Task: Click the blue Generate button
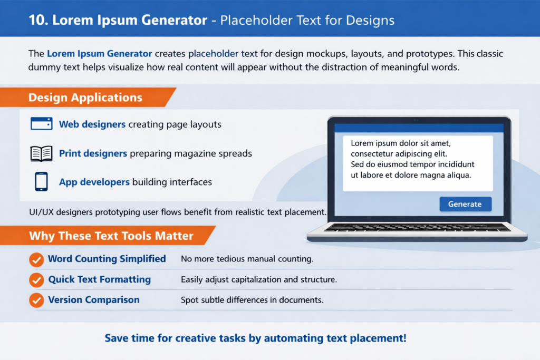pos(465,204)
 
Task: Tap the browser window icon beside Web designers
pos(41,124)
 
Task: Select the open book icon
pos(41,153)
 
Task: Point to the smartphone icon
pos(41,182)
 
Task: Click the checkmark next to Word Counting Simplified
pos(36,259)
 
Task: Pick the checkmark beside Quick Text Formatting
pos(36,280)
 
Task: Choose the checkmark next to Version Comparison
pos(36,300)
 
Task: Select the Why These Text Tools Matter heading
pos(111,236)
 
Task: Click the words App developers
pos(94,182)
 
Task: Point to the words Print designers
pos(93,153)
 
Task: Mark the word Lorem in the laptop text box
pos(362,143)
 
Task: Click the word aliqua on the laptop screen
pos(458,175)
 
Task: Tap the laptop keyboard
pos(417,228)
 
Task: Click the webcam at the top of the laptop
pos(417,120)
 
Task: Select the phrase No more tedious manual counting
pos(247,259)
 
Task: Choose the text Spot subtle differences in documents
pos(252,300)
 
